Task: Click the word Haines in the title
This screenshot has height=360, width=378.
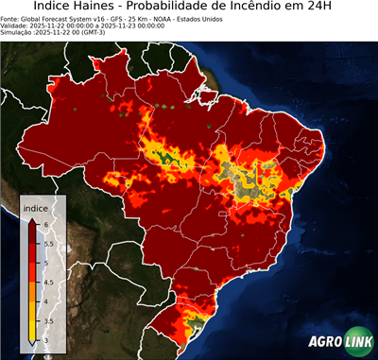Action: point(98,8)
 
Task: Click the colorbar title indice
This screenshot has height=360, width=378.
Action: point(35,207)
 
